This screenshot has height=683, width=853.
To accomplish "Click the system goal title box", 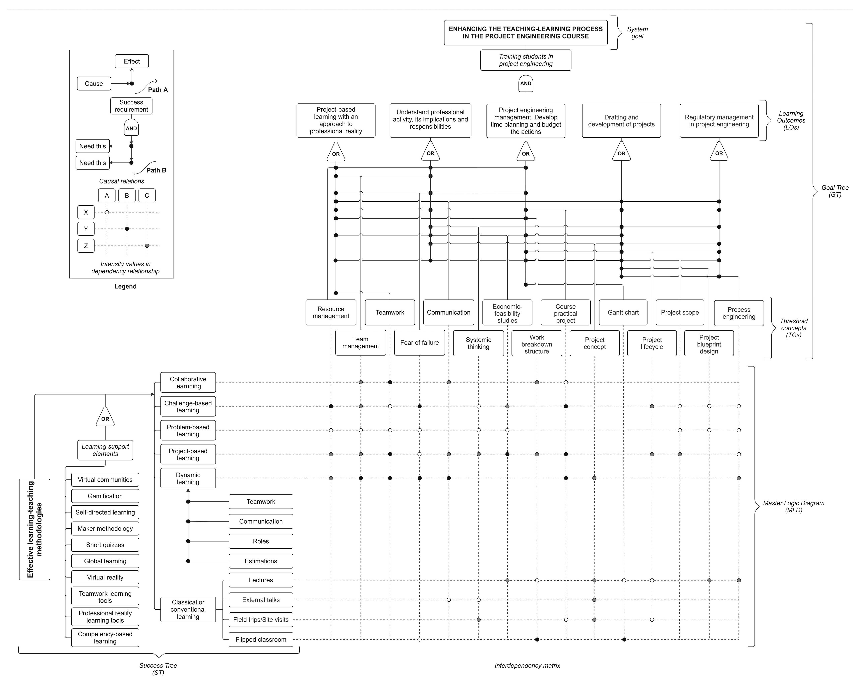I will [525, 33].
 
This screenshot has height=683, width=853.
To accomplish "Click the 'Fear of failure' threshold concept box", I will [419, 343].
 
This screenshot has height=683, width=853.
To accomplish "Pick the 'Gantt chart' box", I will [623, 313].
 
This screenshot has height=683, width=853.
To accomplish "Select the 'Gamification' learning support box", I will [105, 496].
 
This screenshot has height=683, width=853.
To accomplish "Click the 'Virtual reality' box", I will [105, 577].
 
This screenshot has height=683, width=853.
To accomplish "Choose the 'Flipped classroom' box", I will [261, 640].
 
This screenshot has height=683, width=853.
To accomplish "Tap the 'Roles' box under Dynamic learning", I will [261, 541].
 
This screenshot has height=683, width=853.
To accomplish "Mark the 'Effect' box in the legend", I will [132, 61].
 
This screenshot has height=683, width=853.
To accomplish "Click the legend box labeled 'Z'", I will [86, 246].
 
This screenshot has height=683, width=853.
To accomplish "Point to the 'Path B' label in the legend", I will [156, 170].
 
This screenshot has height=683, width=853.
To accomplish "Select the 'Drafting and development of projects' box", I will [621, 121].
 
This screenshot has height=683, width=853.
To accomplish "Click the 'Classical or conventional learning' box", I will [188, 609].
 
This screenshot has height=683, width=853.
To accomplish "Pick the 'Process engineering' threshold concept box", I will [739, 313].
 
